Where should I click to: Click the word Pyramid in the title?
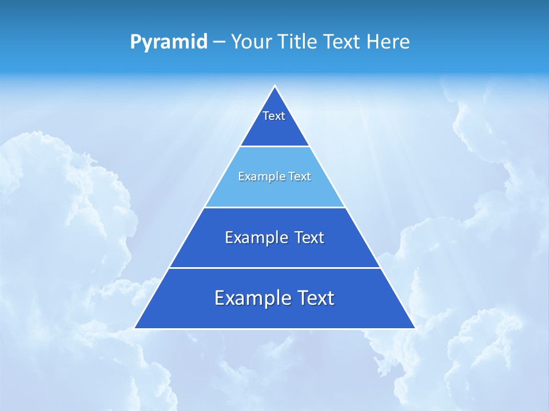tap(169, 42)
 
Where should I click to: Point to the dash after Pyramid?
tap(218, 42)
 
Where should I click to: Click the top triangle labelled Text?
tap(274, 123)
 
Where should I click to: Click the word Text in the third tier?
tap(309, 237)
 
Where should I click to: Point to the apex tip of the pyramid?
tap(274, 87)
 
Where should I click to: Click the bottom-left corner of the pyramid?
tap(136, 328)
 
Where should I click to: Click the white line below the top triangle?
tap(274, 147)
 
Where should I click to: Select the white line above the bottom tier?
tap(274, 268)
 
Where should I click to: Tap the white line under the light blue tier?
tap(274, 207)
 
